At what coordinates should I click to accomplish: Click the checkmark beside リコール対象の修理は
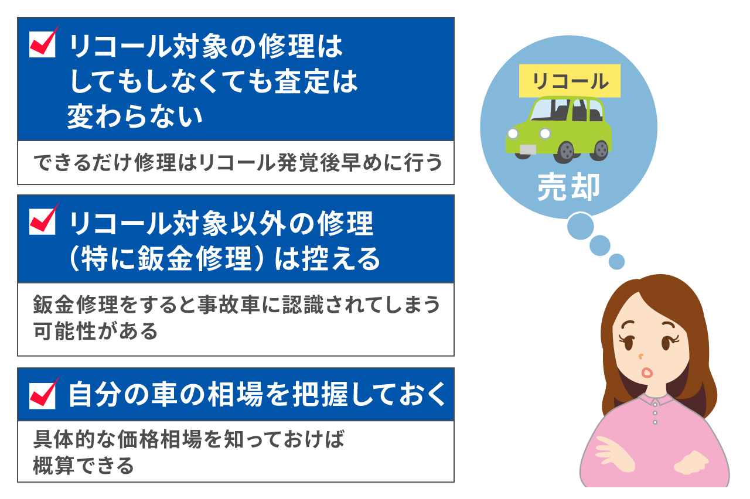point(43,45)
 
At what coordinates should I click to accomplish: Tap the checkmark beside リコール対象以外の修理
point(43,221)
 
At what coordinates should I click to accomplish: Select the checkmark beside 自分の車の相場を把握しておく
point(43,395)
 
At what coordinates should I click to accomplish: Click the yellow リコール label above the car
point(569,81)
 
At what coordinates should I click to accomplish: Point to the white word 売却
point(568,187)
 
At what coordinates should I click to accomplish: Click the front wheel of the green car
point(566,152)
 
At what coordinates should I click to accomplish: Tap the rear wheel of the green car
point(600,150)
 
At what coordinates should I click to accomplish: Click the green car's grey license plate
point(527,149)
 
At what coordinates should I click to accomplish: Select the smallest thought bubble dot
point(616,261)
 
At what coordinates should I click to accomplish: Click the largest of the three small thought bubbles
point(580,225)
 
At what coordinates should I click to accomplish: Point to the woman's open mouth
point(647,372)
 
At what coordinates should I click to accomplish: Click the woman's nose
point(641,355)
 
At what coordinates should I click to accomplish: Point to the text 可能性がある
point(96,331)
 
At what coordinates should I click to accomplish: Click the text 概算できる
point(84,466)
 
